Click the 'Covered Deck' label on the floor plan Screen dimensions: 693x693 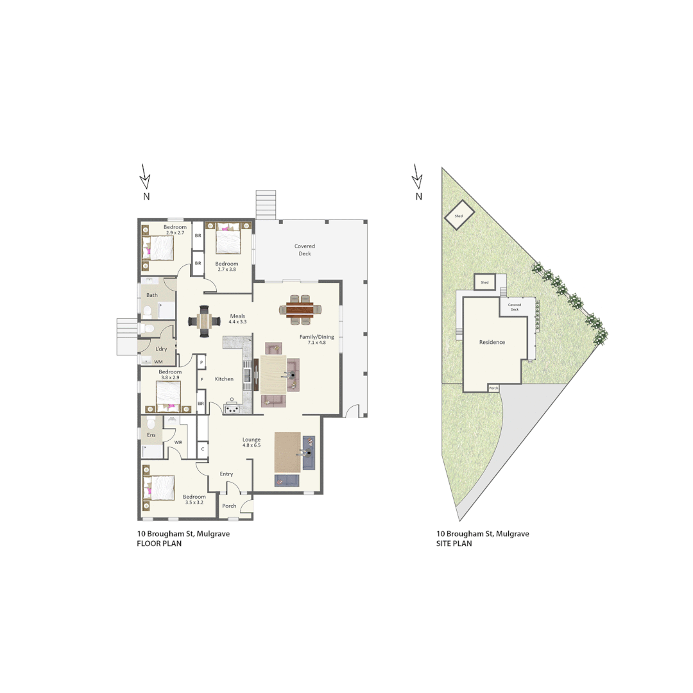pyautogui.click(x=305, y=250)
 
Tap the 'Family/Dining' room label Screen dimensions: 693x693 pyautogui.click(x=317, y=336)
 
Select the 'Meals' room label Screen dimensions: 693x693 pyautogui.click(x=237, y=316)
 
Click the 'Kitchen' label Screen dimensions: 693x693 pyautogui.click(x=224, y=379)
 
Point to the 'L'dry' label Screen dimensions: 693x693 pyautogui.click(x=161, y=349)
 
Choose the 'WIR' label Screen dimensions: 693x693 pyautogui.click(x=179, y=442)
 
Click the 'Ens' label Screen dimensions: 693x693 pyautogui.click(x=151, y=435)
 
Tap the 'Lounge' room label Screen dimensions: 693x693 pyautogui.click(x=251, y=440)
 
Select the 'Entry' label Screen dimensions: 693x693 pyautogui.click(x=227, y=474)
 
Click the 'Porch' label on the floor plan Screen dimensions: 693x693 pyautogui.click(x=229, y=506)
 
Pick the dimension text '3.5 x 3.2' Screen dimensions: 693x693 pyautogui.click(x=194, y=502)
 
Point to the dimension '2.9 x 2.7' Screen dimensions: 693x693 pyautogui.click(x=175, y=232)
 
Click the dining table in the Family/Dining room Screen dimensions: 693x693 pyautogui.click(x=300, y=310)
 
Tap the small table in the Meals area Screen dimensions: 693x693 pyautogui.click(x=204, y=320)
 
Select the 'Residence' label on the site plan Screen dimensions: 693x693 pyautogui.click(x=492, y=342)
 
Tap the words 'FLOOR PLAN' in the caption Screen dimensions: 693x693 pyautogui.click(x=159, y=543)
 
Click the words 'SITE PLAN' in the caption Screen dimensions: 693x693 pyautogui.click(x=454, y=543)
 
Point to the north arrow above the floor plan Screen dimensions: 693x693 pyautogui.click(x=146, y=176)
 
